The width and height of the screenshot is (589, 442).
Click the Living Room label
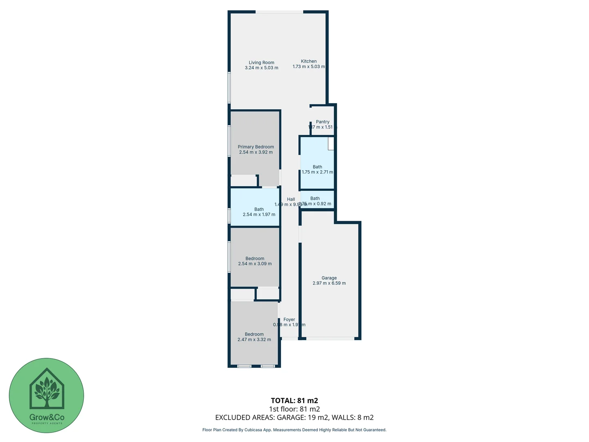(261, 63)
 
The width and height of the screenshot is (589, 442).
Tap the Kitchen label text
(309, 61)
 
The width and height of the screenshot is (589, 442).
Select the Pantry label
(322, 122)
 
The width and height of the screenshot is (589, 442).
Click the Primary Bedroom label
(256, 147)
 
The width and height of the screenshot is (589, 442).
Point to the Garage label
(329, 278)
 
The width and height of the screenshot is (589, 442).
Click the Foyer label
(289, 320)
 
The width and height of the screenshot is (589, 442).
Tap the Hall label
(291, 199)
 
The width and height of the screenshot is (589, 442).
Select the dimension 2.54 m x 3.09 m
(255, 264)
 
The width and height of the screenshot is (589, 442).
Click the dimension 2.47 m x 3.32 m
(254, 340)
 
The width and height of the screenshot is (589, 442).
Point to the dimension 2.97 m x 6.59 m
(329, 283)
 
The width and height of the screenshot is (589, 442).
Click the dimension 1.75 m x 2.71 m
(317, 172)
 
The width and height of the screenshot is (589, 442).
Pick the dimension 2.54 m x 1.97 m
(259, 214)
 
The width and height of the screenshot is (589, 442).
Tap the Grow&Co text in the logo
(47, 417)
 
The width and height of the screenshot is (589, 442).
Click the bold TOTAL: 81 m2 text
(294, 401)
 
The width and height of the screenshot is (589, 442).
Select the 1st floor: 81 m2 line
(294, 409)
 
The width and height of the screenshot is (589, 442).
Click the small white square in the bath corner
(331, 143)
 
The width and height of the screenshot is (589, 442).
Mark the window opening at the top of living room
(279, 12)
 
